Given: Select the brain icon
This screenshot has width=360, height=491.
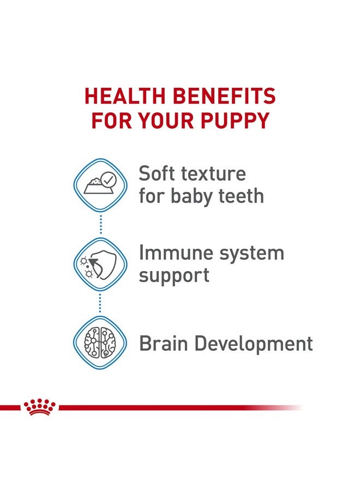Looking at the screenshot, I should click(100, 343).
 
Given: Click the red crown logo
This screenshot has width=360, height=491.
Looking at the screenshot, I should click(39, 407).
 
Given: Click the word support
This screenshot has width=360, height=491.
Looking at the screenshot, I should click(173, 276).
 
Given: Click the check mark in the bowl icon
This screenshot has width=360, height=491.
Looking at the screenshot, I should click(109, 178).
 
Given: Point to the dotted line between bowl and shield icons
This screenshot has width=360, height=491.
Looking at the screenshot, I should click(100, 224).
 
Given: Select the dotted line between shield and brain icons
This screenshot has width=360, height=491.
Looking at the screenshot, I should click(100, 303).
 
